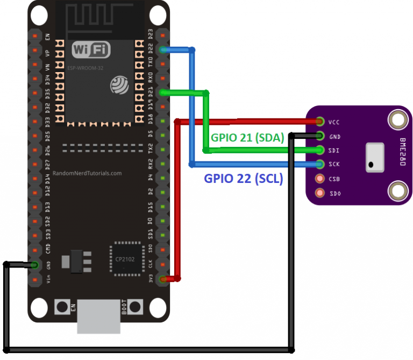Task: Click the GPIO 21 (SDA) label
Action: pos(247,137)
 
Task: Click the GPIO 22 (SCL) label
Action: pos(243,179)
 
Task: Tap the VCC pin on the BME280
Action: pos(321,122)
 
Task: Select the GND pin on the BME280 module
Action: pos(321,136)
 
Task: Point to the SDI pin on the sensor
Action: pos(321,150)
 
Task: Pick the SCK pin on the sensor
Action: pos(321,164)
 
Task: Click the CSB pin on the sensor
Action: pos(321,179)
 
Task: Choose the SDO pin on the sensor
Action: pos(321,193)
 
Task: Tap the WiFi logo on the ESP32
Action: pos(91,50)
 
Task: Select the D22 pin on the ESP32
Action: pos(162,51)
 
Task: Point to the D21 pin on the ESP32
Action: pos(162,93)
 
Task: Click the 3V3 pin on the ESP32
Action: pos(162,279)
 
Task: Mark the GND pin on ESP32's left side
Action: pos(35,265)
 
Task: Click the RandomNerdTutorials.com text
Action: pos(87,174)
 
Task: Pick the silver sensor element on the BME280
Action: pos(375,158)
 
